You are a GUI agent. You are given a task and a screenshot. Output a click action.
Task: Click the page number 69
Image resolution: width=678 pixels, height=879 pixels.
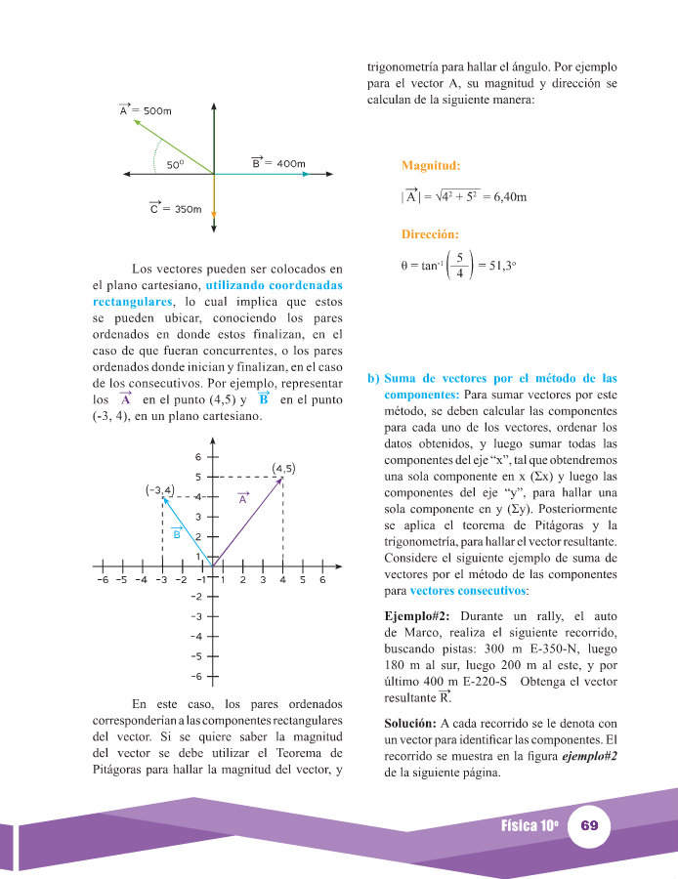click(x=589, y=825)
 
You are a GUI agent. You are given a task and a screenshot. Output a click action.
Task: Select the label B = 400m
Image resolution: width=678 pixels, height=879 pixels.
click(x=277, y=163)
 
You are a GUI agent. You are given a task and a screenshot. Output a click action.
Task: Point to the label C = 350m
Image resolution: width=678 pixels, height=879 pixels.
click(x=175, y=208)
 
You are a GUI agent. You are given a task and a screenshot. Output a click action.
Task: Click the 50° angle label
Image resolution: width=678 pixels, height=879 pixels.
click(x=175, y=165)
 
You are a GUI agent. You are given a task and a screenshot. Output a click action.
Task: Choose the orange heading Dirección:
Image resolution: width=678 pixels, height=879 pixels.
click(x=431, y=234)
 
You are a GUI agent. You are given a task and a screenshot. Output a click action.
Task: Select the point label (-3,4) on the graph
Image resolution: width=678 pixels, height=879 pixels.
click(x=159, y=489)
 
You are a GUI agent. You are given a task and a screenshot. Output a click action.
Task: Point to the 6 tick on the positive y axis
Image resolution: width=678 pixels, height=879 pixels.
click(x=197, y=457)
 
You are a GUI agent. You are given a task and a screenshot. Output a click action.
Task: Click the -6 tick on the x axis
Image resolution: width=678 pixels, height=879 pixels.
click(x=102, y=579)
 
